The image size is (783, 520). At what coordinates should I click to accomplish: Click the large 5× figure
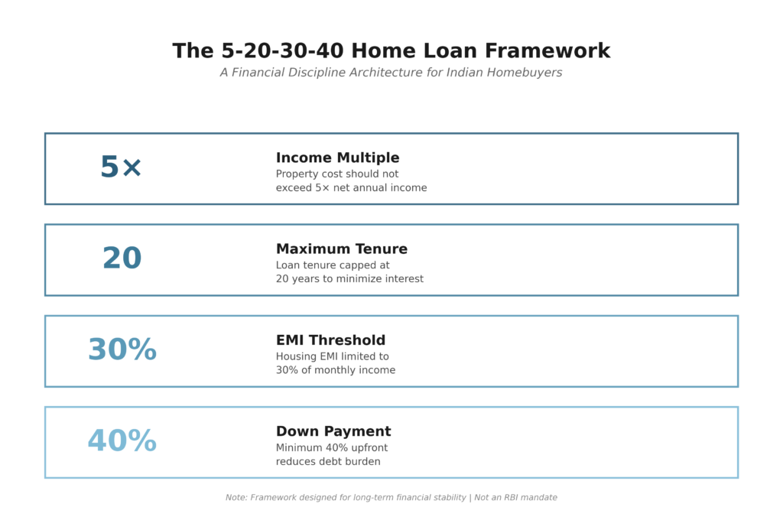pos(122,167)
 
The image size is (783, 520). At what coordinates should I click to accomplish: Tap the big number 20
pos(122,258)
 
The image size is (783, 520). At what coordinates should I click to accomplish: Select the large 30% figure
pos(122,349)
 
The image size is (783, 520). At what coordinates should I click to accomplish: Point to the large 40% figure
pos(122,440)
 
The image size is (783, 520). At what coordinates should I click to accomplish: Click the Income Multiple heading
pos(337,158)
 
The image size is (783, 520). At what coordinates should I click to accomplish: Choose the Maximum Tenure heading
pos(342,249)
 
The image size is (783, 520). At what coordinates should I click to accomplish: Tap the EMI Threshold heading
pos(330,340)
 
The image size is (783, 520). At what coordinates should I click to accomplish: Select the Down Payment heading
pos(333,431)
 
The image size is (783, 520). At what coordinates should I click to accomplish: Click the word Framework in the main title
pos(547,51)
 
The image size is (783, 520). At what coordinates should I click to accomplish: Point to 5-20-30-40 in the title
pos(283,51)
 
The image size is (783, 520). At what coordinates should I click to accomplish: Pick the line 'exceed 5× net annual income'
pos(352,188)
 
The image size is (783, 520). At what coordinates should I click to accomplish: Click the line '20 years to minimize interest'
pos(349,278)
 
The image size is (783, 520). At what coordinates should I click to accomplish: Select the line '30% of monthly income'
pos(336,370)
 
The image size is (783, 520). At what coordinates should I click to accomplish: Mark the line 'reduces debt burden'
pos(328,462)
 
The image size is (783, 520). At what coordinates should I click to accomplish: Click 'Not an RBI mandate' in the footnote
pos(515,498)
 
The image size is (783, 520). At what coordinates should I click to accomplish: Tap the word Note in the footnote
pos(236,498)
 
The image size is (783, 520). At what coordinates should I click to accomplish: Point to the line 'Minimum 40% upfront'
pos(332,448)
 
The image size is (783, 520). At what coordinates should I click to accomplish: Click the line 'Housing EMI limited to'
pos(332,356)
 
